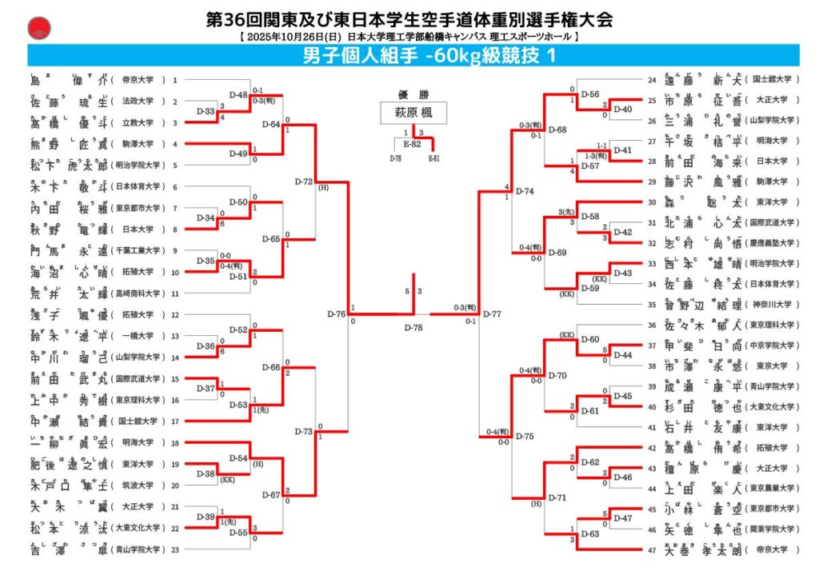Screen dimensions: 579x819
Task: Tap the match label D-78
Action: coord(413,328)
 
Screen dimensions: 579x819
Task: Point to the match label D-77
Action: coord(492,313)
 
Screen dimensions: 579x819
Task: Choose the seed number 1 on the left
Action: coord(174,80)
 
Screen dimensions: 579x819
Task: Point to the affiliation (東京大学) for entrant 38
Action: coord(772,366)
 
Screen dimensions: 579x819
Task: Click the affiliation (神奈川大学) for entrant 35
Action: coord(772,305)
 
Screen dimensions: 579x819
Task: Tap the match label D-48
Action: coord(239,94)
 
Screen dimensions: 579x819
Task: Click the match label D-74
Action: coord(525,191)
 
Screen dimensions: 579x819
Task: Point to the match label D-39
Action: coord(206,518)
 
